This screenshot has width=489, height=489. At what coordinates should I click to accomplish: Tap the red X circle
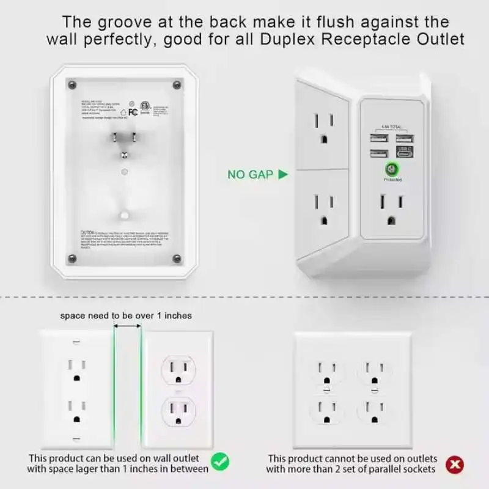pyautogui.click(x=454, y=466)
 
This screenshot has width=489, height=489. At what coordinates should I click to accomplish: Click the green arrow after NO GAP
pyautogui.click(x=282, y=174)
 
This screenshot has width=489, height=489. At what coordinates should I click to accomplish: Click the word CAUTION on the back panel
pyautogui.click(x=89, y=233)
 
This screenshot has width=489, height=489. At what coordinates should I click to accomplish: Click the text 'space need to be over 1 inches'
pyautogui.click(x=126, y=315)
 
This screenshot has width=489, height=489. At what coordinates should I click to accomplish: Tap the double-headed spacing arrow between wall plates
pyautogui.click(x=127, y=327)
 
